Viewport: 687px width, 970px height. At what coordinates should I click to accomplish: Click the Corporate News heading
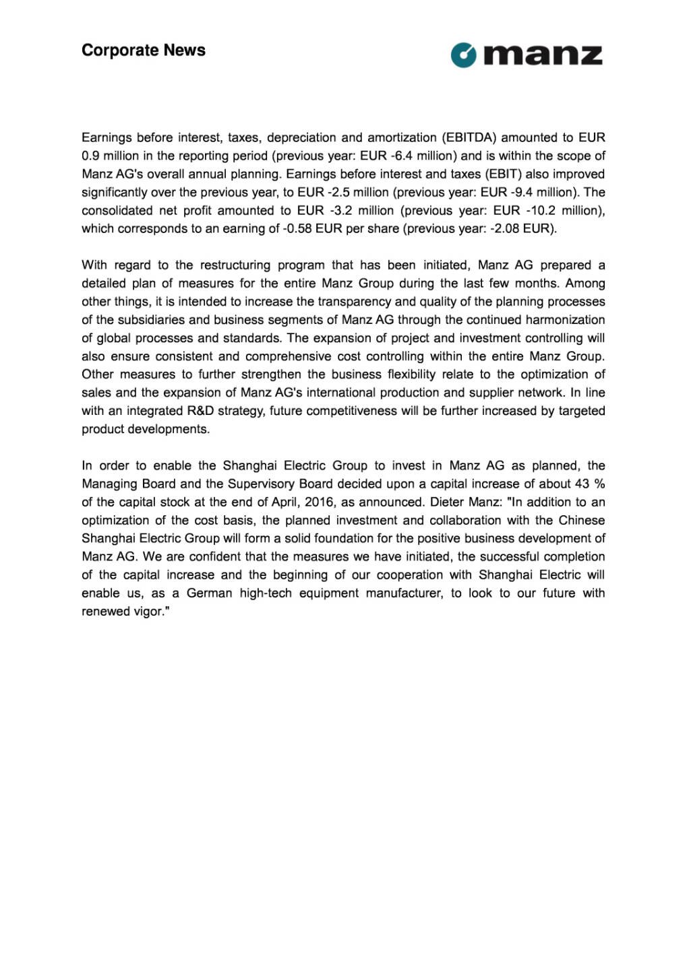click(143, 51)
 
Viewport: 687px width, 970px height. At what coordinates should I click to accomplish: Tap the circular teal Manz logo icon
click(463, 55)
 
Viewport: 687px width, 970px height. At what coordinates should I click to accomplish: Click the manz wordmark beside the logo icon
click(543, 55)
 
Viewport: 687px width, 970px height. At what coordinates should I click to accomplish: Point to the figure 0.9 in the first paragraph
click(90, 156)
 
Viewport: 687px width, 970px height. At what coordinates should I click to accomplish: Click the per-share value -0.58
click(297, 228)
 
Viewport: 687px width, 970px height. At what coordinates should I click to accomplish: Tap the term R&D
click(200, 410)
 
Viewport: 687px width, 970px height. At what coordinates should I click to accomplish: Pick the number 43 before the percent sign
click(582, 484)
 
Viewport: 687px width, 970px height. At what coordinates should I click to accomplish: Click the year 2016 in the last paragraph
click(320, 502)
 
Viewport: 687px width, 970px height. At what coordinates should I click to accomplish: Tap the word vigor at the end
click(148, 611)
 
